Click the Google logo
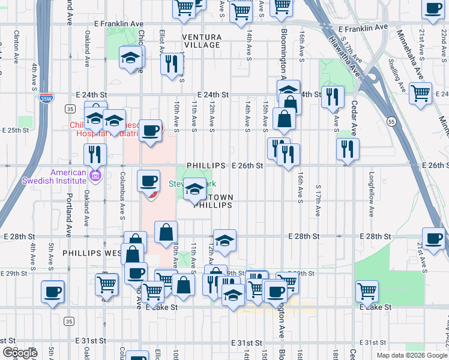(x=20, y=352)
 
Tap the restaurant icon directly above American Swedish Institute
(x=94, y=155)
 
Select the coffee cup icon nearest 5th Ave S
(x=52, y=292)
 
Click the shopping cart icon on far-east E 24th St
(x=420, y=92)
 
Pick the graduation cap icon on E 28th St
(x=224, y=241)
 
